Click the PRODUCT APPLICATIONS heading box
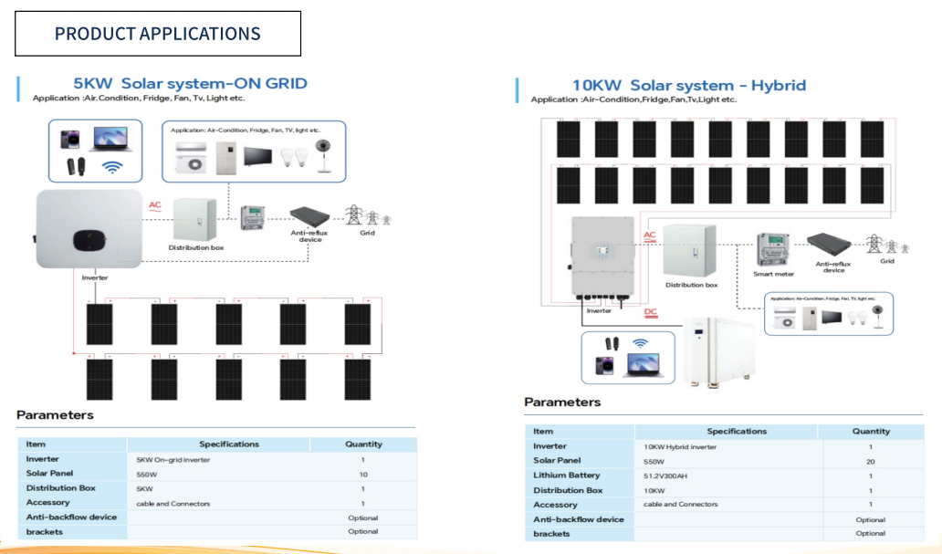click(157, 34)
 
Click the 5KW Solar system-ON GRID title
click(190, 84)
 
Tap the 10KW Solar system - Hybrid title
click(689, 86)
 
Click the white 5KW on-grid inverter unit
click(88, 230)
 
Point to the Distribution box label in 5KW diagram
click(195, 247)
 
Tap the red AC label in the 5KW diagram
click(155, 205)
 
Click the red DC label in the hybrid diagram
click(651, 312)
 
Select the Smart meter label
click(774, 273)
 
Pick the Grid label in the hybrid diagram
click(886, 261)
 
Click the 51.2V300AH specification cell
click(665, 476)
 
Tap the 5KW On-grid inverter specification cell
click(173, 460)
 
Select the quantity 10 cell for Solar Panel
click(362, 475)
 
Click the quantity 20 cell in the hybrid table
click(870, 461)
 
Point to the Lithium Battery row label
click(567, 476)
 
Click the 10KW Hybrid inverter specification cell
click(680, 446)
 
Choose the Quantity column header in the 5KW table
click(363, 444)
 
